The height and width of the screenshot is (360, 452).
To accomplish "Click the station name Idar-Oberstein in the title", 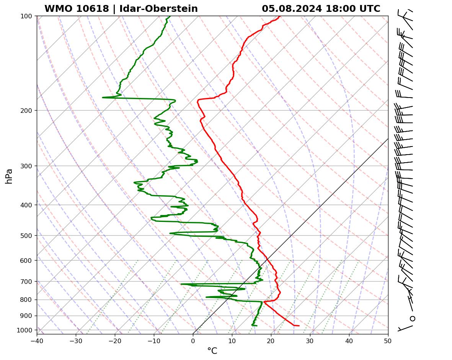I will click(158, 9).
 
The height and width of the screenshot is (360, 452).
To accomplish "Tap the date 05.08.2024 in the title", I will click(292, 9).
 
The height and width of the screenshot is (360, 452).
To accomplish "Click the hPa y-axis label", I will click(9, 176).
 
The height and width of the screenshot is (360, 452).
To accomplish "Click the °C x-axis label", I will click(212, 351).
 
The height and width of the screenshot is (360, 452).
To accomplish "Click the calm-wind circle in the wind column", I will click(412, 318).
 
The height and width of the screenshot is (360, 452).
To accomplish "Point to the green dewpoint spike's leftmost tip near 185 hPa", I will click(103, 98).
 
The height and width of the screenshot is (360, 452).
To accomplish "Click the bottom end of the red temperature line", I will click(299, 326).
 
